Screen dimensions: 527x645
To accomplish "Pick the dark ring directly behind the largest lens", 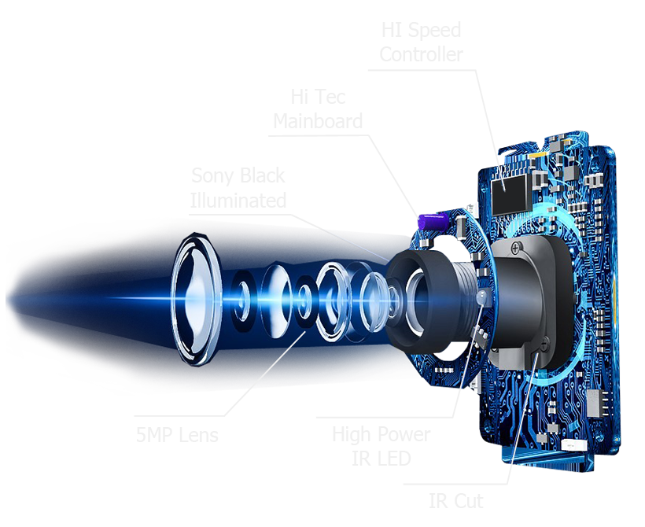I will pos(245,300).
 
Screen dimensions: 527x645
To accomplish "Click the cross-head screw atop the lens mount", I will pos(515,249).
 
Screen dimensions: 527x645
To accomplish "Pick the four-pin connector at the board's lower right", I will pos(595,404).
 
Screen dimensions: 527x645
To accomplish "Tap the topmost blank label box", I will pos(421,41).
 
